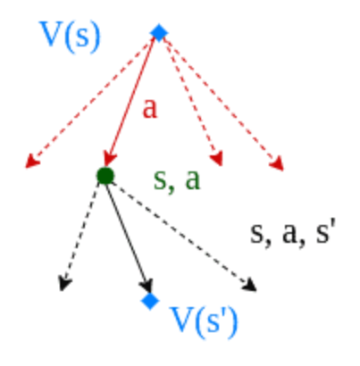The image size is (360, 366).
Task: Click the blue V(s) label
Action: click(70, 37)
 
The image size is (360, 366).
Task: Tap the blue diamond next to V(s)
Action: click(159, 32)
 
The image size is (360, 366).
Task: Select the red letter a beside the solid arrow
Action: click(149, 109)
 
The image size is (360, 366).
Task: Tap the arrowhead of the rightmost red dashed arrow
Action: click(277, 163)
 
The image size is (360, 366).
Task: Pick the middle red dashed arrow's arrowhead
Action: click(217, 158)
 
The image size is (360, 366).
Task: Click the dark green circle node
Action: click(105, 176)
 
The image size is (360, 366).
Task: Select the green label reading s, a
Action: click(177, 180)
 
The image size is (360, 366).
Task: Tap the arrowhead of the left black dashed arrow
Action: click(64, 283)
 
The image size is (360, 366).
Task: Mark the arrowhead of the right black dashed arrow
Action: click(249, 285)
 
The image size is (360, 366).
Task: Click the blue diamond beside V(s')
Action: click(150, 301)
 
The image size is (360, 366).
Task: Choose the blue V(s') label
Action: click(204, 323)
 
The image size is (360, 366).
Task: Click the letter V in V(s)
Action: click(51, 33)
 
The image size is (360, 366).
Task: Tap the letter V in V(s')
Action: click(181, 319)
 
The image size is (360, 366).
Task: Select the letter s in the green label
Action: click(159, 180)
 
